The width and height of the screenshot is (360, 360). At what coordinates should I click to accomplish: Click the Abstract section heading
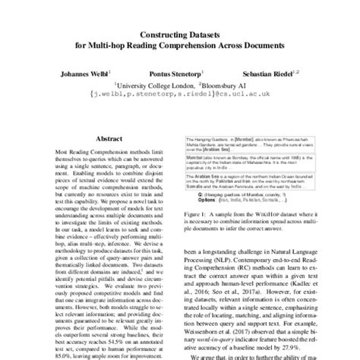coord(97,141)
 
